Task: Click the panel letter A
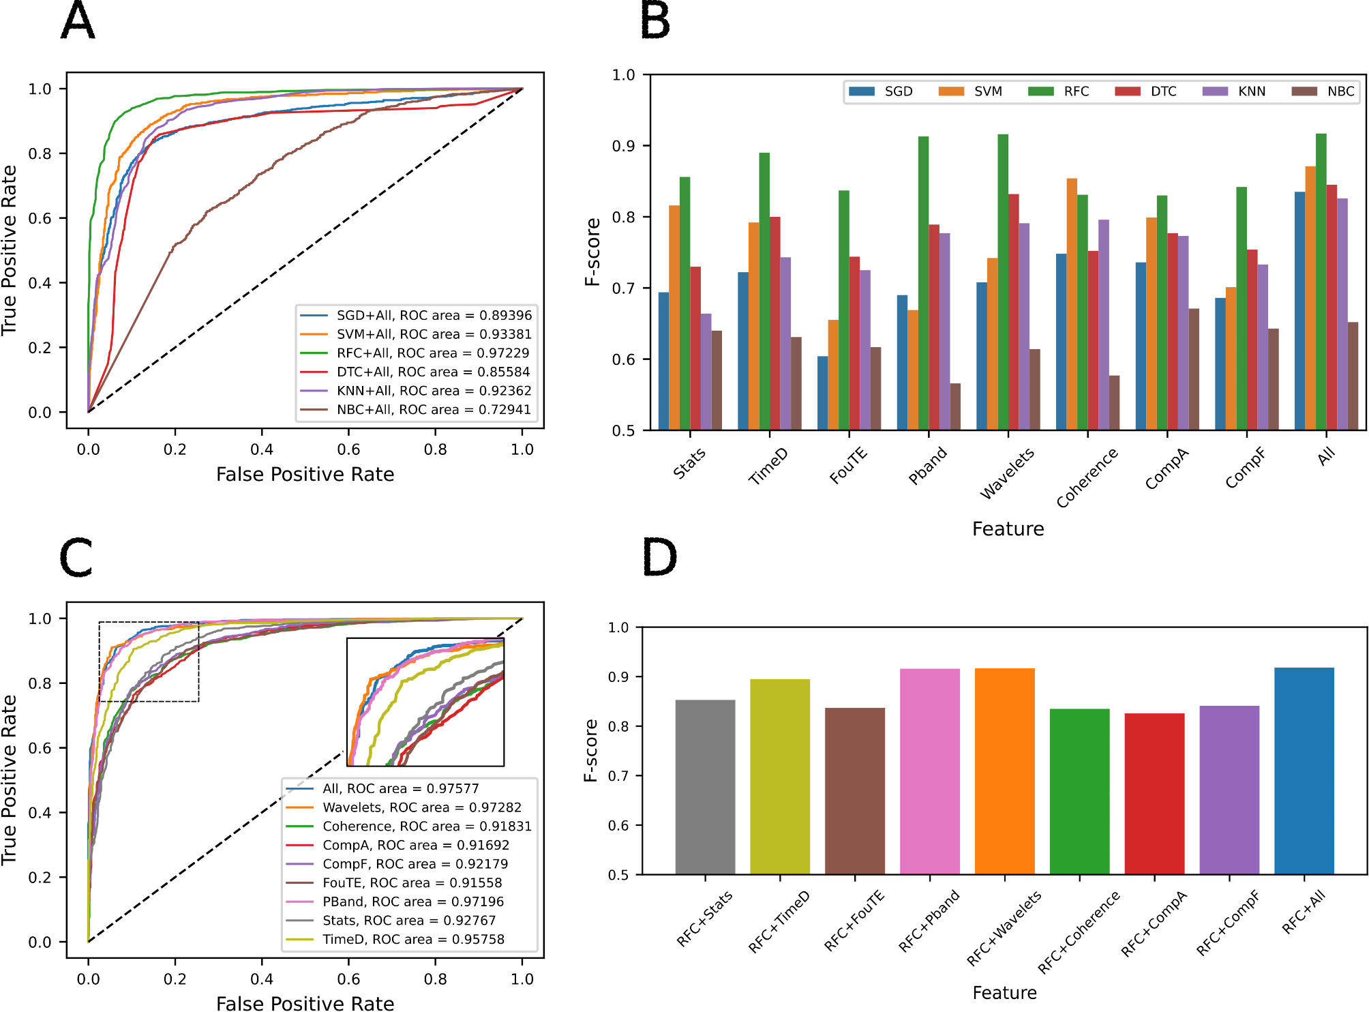(x=78, y=21)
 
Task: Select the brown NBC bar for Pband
(x=955, y=406)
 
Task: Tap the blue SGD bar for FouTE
(x=823, y=393)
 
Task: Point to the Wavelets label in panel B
(x=1006, y=473)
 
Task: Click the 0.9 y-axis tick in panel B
(x=622, y=146)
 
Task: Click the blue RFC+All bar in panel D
(x=1304, y=771)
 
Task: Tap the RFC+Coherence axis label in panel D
(x=1079, y=932)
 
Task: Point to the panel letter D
(x=659, y=557)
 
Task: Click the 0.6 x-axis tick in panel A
(x=348, y=449)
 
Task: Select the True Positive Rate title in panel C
(x=9, y=780)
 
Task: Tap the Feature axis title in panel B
(x=1008, y=529)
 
